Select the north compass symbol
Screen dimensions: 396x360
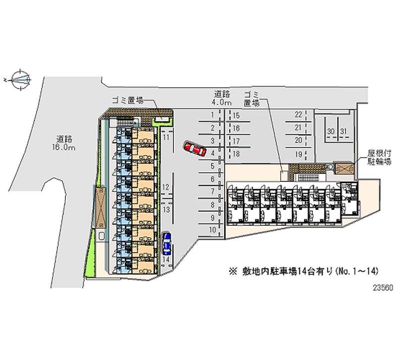click(x=20, y=78)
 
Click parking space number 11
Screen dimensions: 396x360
click(x=167, y=136)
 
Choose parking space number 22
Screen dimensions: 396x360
click(x=298, y=114)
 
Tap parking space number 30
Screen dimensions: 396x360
click(x=330, y=131)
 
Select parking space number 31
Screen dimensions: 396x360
click(x=343, y=131)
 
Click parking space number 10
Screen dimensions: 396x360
click(x=212, y=230)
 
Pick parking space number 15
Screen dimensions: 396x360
click(x=236, y=115)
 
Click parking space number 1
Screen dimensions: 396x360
click(x=212, y=114)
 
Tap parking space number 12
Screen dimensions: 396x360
click(x=166, y=187)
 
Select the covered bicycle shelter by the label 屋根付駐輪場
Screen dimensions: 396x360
click(x=345, y=168)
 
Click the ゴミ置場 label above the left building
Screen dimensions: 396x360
click(x=127, y=100)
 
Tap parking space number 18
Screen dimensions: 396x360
click(x=236, y=154)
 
